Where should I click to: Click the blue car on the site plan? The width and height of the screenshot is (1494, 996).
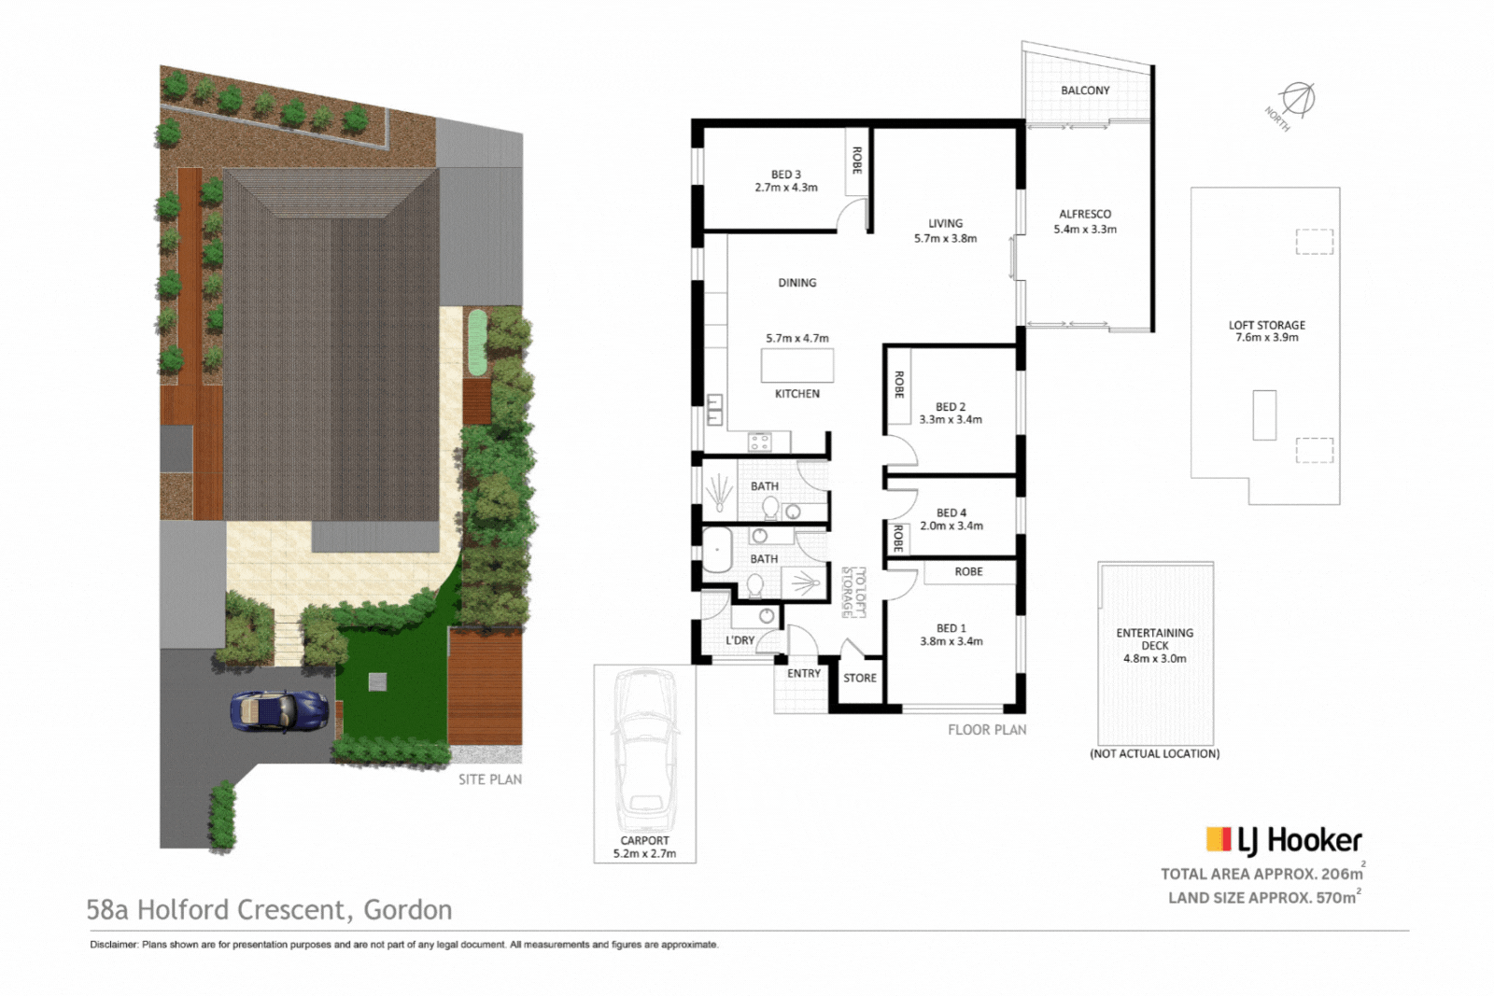(x=279, y=710)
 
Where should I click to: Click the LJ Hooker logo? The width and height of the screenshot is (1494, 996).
(x=1284, y=840)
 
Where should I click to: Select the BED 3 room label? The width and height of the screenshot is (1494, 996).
(x=785, y=175)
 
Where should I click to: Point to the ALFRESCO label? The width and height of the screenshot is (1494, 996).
(x=1085, y=214)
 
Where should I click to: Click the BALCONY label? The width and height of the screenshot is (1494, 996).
(x=1085, y=91)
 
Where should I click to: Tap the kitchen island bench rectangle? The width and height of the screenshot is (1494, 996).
(x=796, y=365)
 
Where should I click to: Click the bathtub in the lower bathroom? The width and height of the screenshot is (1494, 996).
(x=717, y=551)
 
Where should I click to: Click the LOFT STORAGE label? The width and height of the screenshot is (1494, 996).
(x=1266, y=325)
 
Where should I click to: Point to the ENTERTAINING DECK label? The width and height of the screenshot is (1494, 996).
(x=1154, y=638)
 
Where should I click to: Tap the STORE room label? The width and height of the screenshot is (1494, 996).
(x=860, y=678)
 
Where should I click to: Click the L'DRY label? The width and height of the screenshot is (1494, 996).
(x=740, y=640)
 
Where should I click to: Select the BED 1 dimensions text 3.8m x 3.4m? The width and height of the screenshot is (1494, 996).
(x=951, y=641)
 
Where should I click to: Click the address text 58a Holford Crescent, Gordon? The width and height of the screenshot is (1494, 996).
(x=269, y=909)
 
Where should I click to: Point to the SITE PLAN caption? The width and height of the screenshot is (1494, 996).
(x=489, y=779)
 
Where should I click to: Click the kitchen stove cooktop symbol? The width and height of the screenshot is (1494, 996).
(x=759, y=442)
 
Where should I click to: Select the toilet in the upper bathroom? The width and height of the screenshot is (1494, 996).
(x=770, y=508)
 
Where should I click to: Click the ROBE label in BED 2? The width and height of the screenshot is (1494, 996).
(x=898, y=385)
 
